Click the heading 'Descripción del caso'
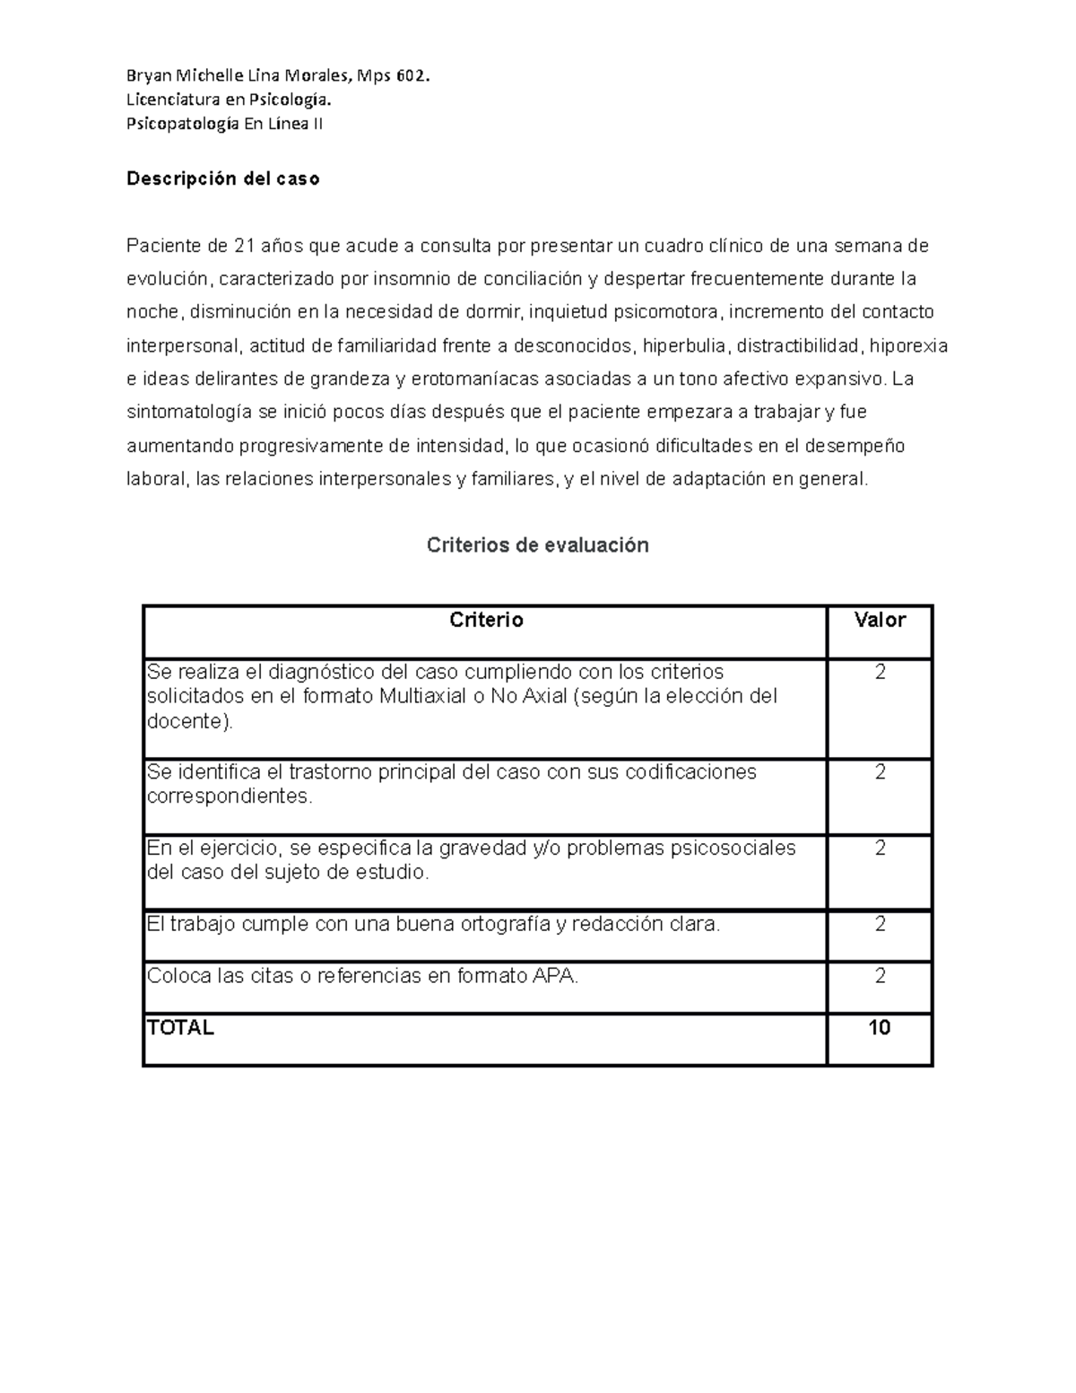click(x=222, y=178)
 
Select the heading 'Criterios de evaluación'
click(x=537, y=544)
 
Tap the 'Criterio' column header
click(x=486, y=620)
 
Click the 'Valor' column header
click(x=880, y=620)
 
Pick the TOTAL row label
click(x=180, y=1028)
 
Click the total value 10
click(x=880, y=1028)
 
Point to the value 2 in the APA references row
click(x=880, y=976)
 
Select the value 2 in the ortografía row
click(x=880, y=924)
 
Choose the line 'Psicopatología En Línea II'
click(x=224, y=125)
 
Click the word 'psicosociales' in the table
click(x=733, y=849)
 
